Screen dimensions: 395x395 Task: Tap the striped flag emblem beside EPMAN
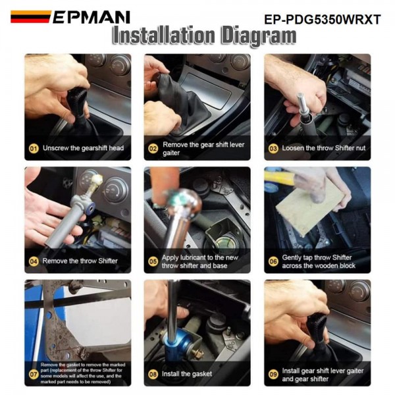tap(30, 16)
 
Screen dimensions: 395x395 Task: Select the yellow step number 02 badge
tap(153, 148)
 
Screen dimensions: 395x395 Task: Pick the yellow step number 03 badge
tap(273, 148)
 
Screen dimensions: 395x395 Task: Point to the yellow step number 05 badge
tap(153, 261)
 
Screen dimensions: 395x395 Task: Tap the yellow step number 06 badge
tap(273, 261)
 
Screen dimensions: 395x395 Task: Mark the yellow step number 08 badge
tap(153, 373)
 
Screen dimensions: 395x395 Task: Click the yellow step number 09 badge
tap(273, 373)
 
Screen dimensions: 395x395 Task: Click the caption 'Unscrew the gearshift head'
tap(83, 148)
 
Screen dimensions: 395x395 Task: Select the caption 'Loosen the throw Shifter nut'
tap(323, 148)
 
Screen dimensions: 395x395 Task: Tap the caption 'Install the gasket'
tap(187, 373)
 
